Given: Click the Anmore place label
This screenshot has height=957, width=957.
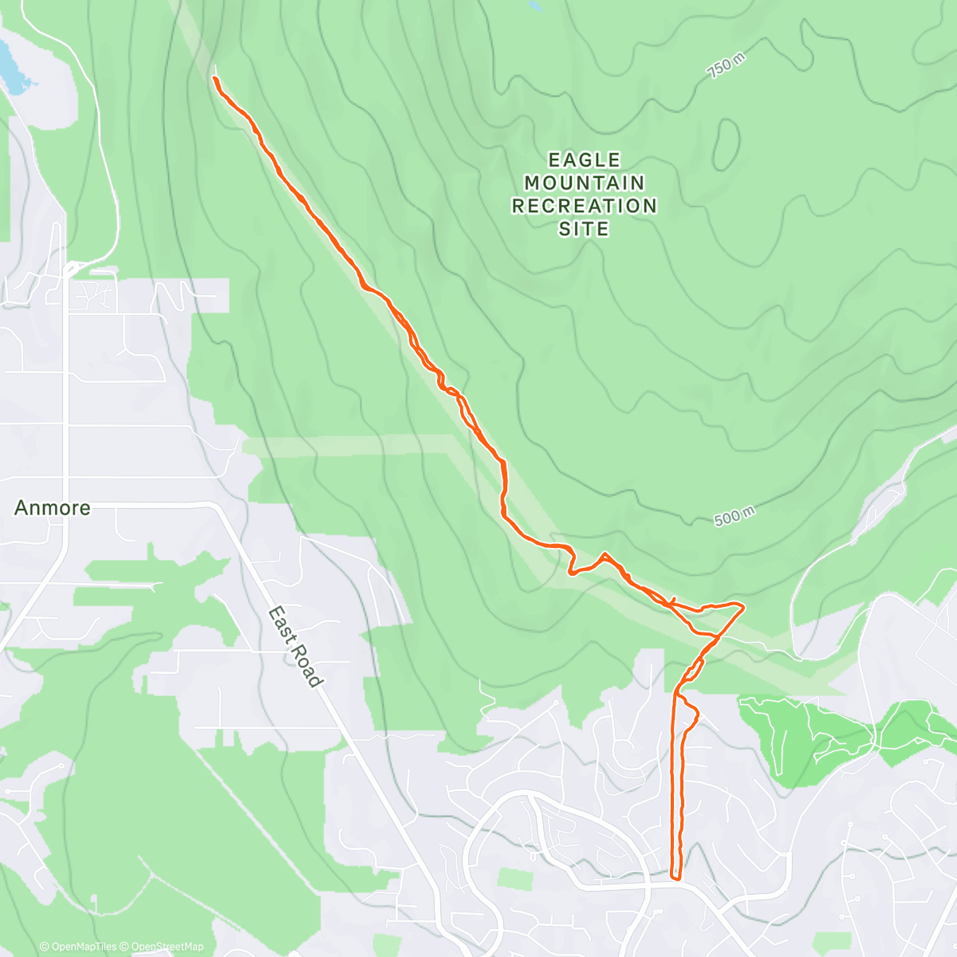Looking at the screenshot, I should pos(52,507).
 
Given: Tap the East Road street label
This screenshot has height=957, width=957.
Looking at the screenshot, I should pos(295,647).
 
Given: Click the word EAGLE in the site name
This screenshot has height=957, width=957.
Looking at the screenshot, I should pos(584,160).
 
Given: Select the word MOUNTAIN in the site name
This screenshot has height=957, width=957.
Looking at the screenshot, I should pos(584,183).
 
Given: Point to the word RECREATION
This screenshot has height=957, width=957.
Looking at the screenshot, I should pos(584,206).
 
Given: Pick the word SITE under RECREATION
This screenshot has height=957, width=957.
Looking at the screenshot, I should pos(584,229).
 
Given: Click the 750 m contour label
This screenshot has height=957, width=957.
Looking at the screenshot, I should pos(726,65).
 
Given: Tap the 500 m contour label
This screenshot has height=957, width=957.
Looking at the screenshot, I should pos(734,517).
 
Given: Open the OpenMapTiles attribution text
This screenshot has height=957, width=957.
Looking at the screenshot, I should pos(78,947).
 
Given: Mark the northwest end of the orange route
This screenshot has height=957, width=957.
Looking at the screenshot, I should pos(215,77).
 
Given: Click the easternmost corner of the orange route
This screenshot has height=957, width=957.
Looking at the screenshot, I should pos(743,608).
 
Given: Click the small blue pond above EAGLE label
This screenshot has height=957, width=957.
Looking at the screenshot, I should pos(535,5).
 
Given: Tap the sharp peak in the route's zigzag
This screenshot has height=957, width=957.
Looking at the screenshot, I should pos(605,553).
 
